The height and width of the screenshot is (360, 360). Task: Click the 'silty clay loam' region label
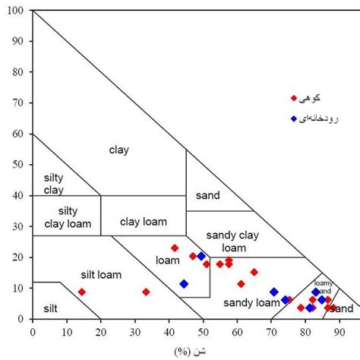[66, 216]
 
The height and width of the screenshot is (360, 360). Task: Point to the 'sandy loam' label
[251, 302]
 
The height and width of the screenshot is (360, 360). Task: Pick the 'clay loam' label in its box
[144, 222]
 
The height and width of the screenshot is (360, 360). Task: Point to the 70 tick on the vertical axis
[18, 103]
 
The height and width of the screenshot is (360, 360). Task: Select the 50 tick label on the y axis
[18, 165]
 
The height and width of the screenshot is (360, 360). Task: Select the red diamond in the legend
[294, 98]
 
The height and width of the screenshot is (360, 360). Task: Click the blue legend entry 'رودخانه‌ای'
[319, 119]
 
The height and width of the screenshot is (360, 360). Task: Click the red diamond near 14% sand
[81, 292]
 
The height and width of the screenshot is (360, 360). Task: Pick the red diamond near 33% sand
[146, 292]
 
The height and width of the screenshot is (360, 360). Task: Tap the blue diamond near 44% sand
[184, 284]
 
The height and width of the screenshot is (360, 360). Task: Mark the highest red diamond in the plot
[175, 248]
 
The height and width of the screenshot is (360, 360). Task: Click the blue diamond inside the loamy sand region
[316, 292]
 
